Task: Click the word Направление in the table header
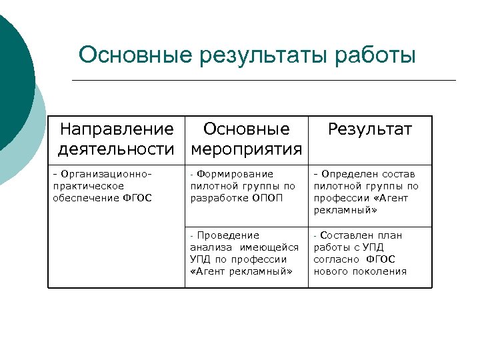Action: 117,129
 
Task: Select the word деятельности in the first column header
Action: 116,148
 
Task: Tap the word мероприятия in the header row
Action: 247,148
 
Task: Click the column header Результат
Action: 370,129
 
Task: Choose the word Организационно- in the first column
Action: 103,174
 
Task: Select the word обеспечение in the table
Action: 85,198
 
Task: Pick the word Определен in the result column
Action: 351,174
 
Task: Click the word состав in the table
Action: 399,174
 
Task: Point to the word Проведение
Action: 228,235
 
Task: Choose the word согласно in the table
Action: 337,259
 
